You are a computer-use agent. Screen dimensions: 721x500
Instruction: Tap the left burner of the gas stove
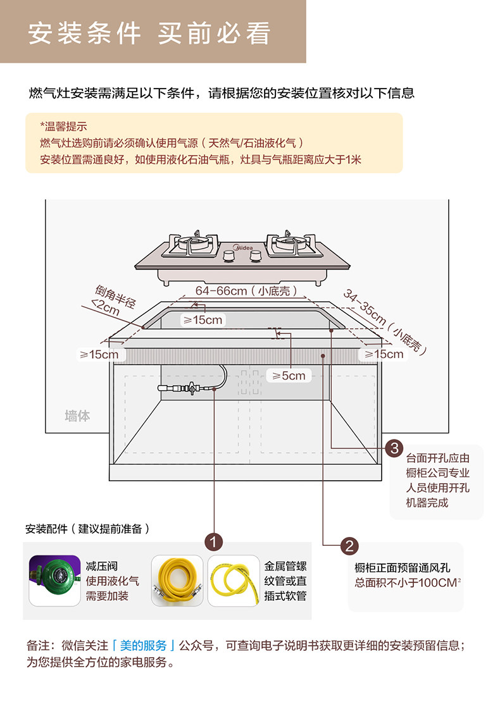(194, 243)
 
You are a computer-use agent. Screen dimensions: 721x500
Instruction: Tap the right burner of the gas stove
(292, 243)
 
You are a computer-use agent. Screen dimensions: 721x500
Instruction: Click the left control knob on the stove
(228, 256)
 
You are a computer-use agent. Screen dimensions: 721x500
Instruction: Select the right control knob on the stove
(256, 256)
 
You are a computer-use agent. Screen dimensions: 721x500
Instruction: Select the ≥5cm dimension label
(289, 376)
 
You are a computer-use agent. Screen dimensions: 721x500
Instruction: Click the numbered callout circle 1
(214, 541)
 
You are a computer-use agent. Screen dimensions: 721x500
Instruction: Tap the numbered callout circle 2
(349, 546)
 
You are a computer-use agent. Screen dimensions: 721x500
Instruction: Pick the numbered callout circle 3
(394, 449)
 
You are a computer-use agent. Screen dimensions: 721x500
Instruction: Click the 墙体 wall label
(77, 416)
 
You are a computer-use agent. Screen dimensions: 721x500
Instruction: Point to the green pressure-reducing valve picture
(54, 580)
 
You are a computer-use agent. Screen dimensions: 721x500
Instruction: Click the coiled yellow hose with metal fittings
(177, 580)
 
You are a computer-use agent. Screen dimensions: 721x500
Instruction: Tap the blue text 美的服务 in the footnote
(142, 646)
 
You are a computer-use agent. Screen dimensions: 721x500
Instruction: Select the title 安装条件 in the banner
(84, 34)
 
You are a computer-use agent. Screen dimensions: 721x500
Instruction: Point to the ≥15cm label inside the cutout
(203, 320)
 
